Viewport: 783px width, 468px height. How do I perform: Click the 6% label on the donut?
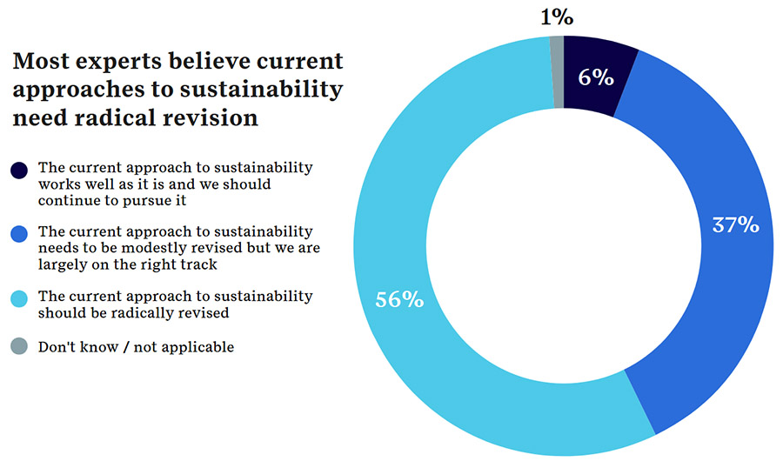point(596,77)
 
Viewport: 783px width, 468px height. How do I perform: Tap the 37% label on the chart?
point(735,225)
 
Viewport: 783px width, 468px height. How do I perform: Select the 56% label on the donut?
point(399,300)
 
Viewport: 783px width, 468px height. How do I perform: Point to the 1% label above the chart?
point(557,17)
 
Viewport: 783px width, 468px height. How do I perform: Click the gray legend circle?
point(19,347)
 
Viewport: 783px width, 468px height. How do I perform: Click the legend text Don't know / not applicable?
point(136,347)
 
